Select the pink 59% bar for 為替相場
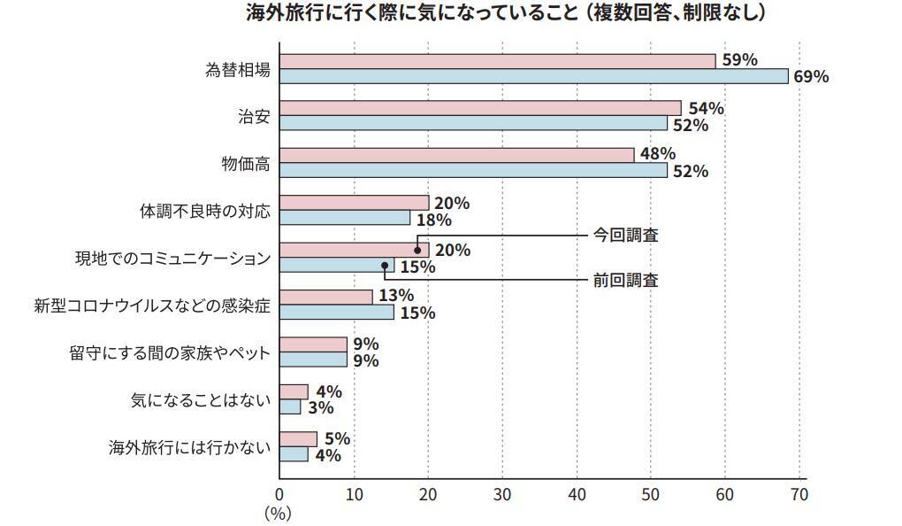coord(497,60)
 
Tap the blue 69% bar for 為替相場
coord(533,76)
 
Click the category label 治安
coord(254,116)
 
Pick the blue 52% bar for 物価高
coord(473,171)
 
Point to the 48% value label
coord(658,154)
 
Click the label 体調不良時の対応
coord(205,211)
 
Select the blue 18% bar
coord(345,218)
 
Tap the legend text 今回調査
coord(625,236)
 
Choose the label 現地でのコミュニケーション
coord(172,259)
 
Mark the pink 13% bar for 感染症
coord(326,297)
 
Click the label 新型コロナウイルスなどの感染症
coord(151,306)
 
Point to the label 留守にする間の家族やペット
coord(169,353)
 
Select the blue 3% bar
coord(290,407)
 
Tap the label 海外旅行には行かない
coord(188,447)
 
